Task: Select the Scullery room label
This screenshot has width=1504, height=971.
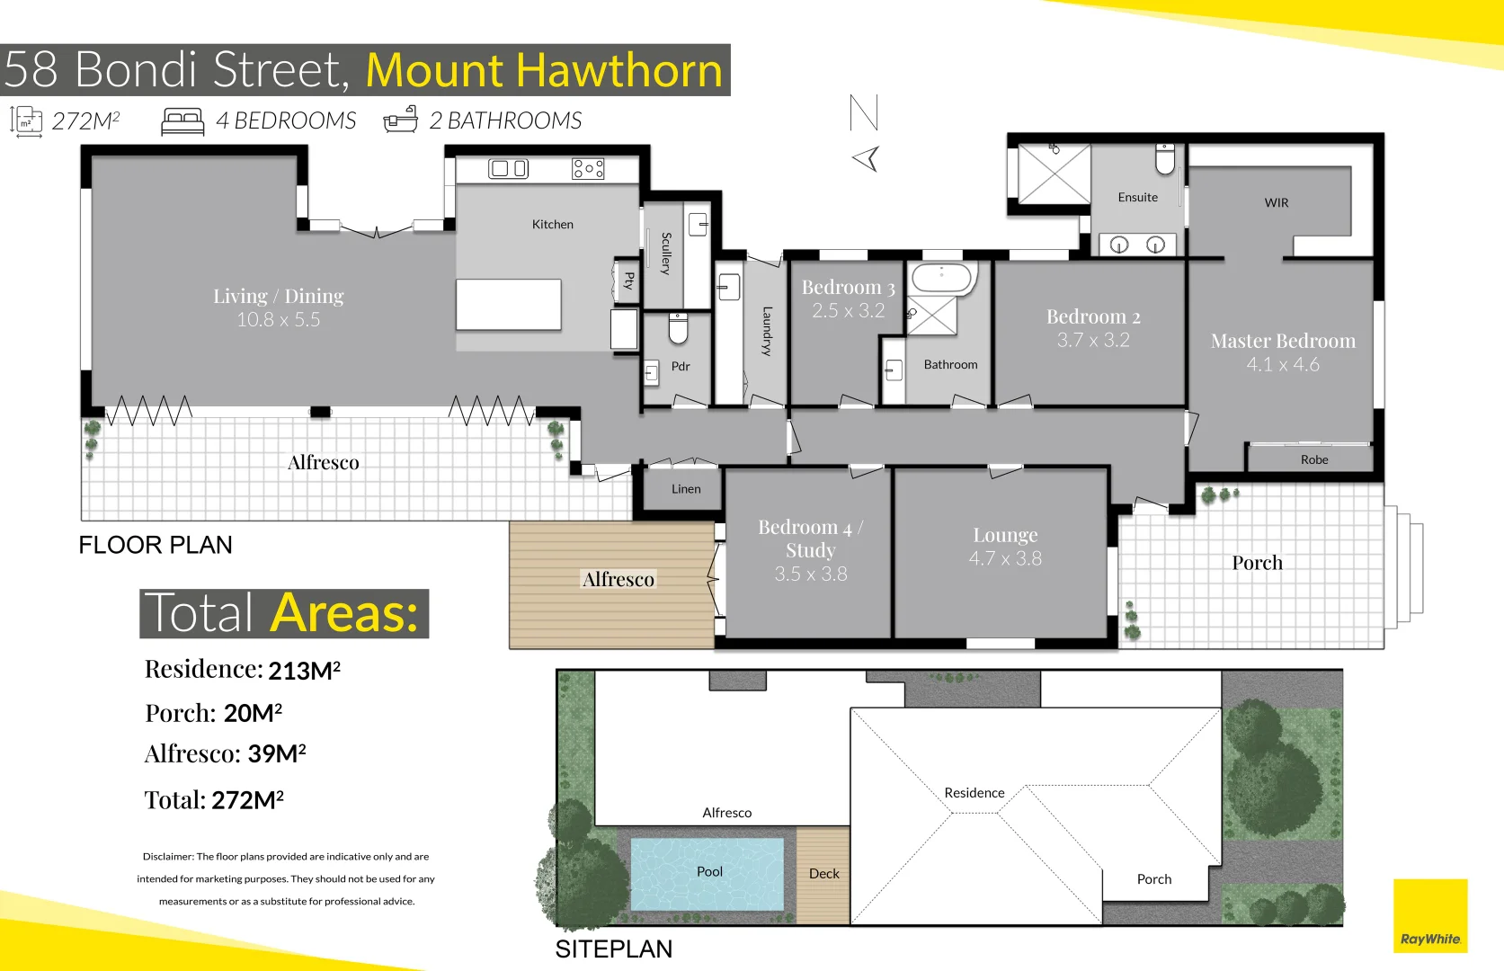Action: tap(665, 254)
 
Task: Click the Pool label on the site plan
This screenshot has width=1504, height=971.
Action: tap(709, 871)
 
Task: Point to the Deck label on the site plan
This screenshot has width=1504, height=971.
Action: tap(823, 873)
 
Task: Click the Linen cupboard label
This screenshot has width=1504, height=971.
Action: tap(686, 489)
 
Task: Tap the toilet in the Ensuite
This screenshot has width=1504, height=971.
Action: tap(1165, 159)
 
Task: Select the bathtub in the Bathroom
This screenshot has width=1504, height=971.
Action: tap(941, 278)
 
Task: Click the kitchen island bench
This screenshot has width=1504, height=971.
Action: tap(509, 304)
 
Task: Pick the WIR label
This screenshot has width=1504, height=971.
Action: tap(1277, 203)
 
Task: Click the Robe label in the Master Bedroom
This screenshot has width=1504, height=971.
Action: tap(1314, 459)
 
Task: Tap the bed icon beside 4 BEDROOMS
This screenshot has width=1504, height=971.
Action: tap(182, 121)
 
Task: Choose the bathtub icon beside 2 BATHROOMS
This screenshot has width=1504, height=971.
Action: tap(401, 120)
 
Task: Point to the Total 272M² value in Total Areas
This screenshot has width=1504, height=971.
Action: tap(248, 800)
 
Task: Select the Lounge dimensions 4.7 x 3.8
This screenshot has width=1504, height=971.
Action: tap(1005, 558)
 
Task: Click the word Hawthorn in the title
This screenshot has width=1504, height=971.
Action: tap(619, 70)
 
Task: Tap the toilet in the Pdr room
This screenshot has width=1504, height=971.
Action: tap(679, 329)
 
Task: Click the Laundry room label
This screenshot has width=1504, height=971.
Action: tap(767, 331)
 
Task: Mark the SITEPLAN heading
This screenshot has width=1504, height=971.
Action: tap(613, 949)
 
